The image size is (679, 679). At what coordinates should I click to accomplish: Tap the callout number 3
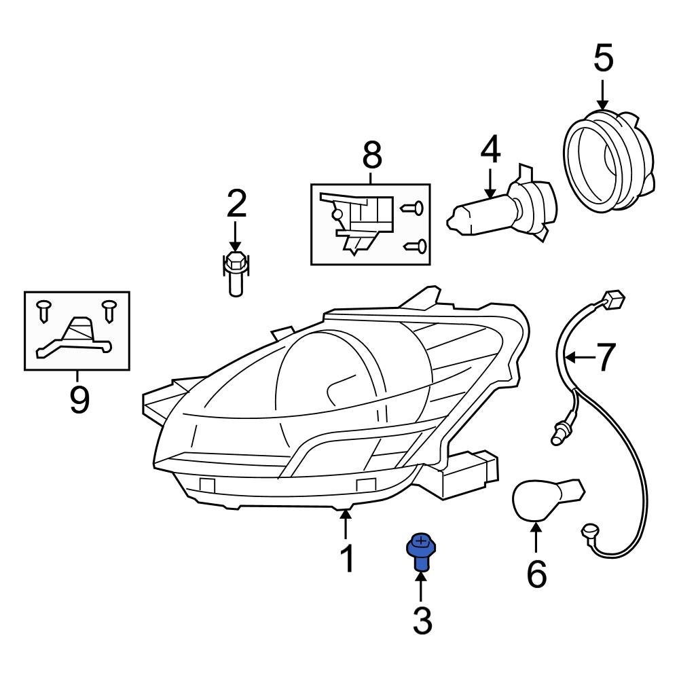[x=422, y=621]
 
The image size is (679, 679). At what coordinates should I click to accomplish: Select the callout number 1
[x=346, y=559]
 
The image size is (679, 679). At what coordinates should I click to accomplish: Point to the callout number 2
[x=236, y=203]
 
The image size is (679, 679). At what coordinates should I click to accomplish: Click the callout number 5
[x=603, y=59]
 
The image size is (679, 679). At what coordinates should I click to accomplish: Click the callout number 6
[x=536, y=575]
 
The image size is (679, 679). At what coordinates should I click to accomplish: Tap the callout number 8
[x=371, y=155]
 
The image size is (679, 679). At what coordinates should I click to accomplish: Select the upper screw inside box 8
[x=413, y=208]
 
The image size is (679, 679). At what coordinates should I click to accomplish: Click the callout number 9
[x=78, y=401]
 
